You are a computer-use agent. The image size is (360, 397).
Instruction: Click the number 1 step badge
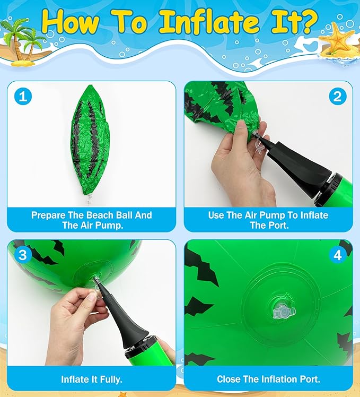point(23,97)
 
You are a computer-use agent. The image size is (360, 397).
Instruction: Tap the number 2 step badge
point(338,97)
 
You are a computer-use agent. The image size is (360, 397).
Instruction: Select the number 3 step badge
point(23,255)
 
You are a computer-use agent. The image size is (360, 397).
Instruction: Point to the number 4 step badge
point(338,255)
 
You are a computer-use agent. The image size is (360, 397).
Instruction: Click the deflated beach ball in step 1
point(90,141)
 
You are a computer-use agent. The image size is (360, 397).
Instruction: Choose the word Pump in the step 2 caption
point(273,215)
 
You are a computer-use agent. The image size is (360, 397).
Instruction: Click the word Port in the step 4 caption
point(310,379)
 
